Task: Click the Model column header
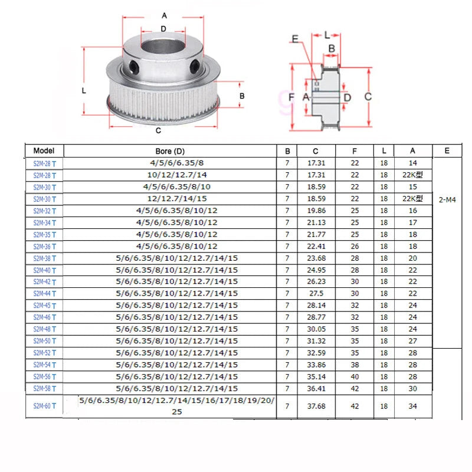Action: [x=44, y=151]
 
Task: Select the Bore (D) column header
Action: [x=170, y=151]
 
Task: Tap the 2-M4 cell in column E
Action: [x=447, y=199]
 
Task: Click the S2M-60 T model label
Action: [x=45, y=406]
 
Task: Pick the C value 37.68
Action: [x=316, y=406]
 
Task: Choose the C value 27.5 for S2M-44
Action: [x=316, y=293]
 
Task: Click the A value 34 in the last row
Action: [x=412, y=406]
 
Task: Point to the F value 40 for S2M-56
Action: [x=355, y=376]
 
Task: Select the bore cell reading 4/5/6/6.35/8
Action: [x=177, y=163]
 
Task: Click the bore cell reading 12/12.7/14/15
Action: [x=177, y=199]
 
